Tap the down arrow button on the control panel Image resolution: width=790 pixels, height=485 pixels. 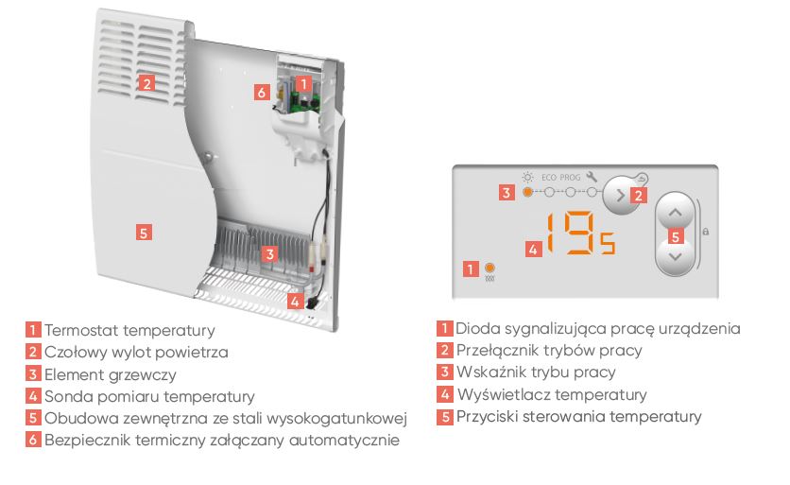point(674,256)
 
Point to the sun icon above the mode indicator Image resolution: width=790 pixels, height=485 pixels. point(527,176)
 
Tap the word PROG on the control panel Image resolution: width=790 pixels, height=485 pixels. point(571,177)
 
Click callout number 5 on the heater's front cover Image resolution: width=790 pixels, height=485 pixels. point(144,233)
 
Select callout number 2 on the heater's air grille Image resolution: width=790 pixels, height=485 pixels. point(146,82)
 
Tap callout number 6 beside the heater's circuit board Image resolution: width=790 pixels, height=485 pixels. point(263,92)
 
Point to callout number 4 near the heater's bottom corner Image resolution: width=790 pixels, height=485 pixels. point(297,303)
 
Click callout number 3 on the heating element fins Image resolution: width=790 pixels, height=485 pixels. point(269,253)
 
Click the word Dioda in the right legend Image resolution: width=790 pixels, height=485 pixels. point(476,329)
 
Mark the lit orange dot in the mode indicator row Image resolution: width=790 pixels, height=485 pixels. point(526,192)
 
